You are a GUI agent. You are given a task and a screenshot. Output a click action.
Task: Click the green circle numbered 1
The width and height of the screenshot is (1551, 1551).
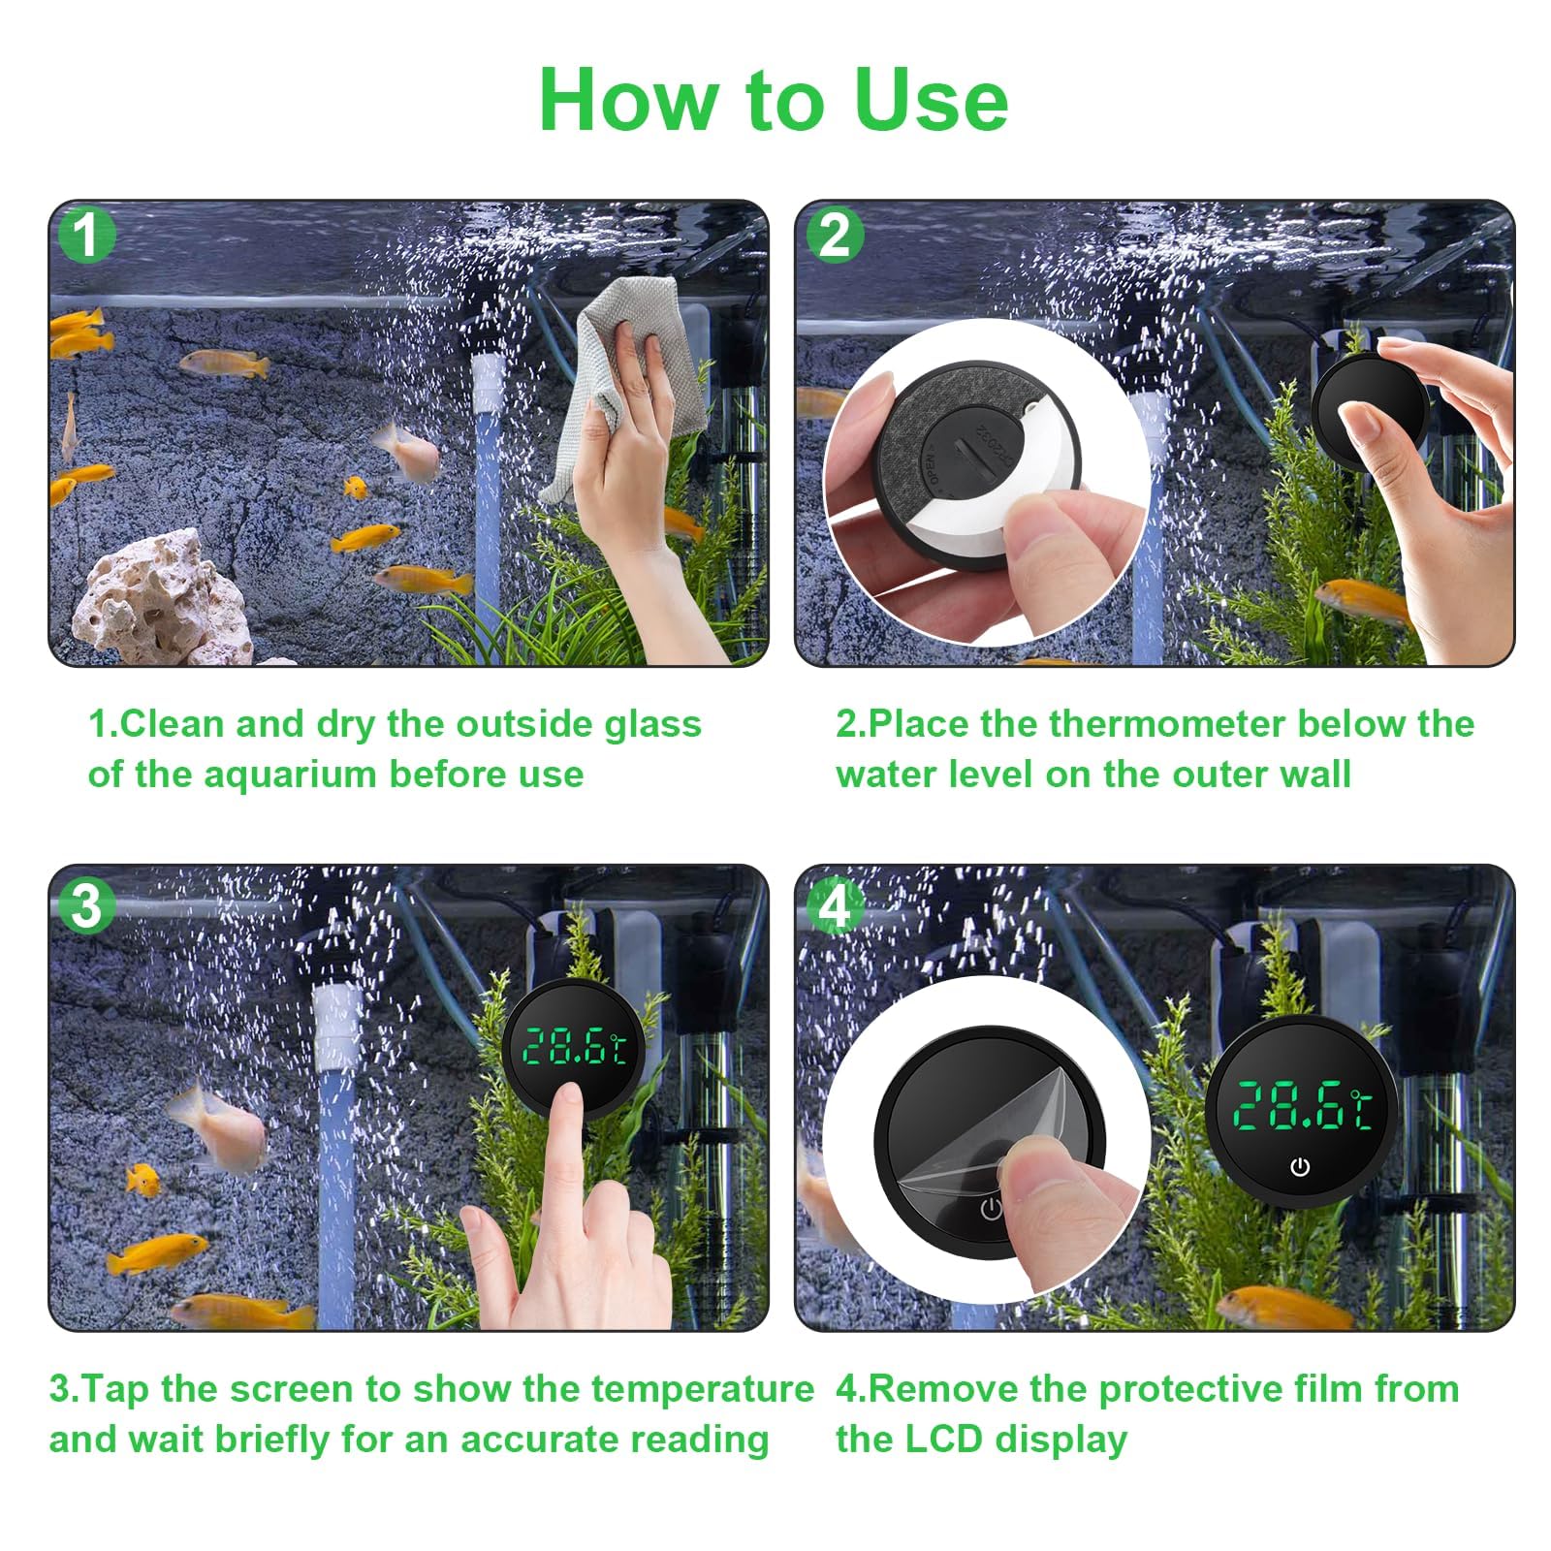pyautogui.click(x=87, y=235)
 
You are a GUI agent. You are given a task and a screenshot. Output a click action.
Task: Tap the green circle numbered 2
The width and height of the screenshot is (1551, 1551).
pyautogui.click(x=835, y=235)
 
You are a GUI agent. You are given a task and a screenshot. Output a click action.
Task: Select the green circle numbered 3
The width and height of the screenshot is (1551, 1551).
pyautogui.click(x=87, y=906)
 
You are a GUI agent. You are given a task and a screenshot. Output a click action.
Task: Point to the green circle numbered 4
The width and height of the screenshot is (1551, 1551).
pyautogui.click(x=835, y=906)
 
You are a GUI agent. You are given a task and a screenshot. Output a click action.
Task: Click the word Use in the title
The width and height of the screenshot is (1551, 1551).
pyautogui.click(x=931, y=99)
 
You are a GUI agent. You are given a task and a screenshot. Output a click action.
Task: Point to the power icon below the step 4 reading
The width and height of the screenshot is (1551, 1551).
pyautogui.click(x=1300, y=1166)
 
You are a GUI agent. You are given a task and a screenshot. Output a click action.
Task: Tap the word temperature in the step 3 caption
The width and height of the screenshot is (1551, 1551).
pyautogui.click(x=703, y=1390)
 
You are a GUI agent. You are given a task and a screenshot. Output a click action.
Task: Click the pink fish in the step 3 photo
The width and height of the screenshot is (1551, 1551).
pyautogui.click(x=217, y=1124)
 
